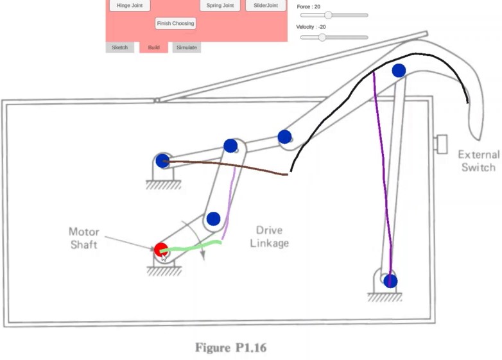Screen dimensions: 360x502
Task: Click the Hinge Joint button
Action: [x=130, y=6]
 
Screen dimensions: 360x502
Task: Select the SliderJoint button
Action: [x=265, y=6]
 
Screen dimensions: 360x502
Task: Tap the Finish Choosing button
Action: [x=175, y=23]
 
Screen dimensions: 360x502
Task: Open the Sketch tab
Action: [x=120, y=47]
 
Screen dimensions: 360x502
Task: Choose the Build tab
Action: [x=153, y=47]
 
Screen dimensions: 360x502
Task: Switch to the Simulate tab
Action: [x=187, y=47]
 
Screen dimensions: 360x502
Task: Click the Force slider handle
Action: [x=328, y=15]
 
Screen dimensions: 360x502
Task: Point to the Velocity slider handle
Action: [x=322, y=37]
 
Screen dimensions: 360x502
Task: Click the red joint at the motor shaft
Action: [x=160, y=249]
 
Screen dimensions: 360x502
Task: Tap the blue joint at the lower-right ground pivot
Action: [x=390, y=280]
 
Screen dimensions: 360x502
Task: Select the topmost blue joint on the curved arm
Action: [x=399, y=71]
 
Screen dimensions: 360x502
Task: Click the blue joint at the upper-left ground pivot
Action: [x=162, y=160]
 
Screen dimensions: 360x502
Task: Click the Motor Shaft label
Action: [x=83, y=237]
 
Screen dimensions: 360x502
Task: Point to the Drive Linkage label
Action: [x=272, y=236]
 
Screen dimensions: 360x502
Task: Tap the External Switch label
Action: [x=478, y=160]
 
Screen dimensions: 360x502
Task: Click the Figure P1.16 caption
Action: [x=231, y=348]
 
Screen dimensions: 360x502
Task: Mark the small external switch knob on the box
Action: [x=441, y=144]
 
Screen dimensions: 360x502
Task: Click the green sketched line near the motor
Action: [x=193, y=246]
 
